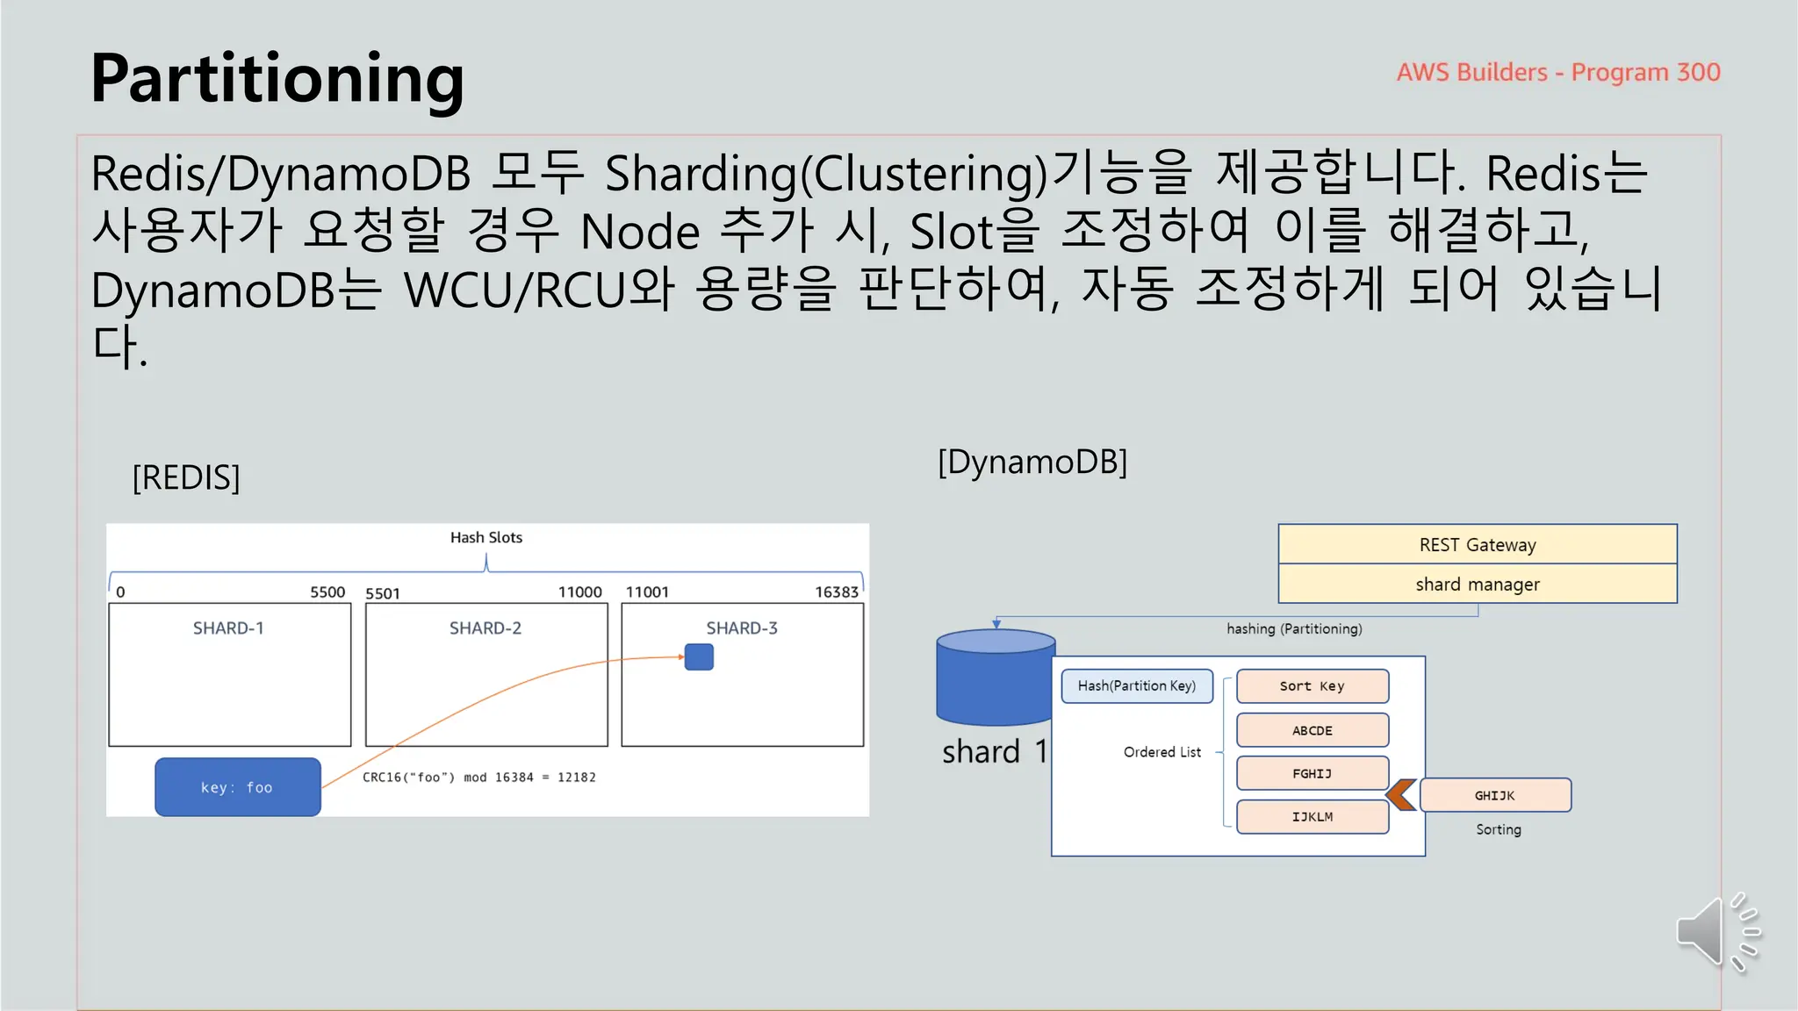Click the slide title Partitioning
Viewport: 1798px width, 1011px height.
coord(277,79)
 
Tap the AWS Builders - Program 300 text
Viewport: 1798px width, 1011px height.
coord(1557,72)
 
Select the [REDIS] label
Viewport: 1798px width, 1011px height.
coord(185,477)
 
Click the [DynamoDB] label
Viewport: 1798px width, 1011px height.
coord(1032,462)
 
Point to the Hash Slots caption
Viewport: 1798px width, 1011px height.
coord(485,537)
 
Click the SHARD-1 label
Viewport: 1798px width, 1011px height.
coord(228,628)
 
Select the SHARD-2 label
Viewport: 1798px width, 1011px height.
coord(485,628)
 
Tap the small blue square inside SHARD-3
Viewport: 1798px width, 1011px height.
coord(699,656)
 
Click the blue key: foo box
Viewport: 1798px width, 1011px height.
coord(237,787)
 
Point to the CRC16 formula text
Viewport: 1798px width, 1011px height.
coord(478,778)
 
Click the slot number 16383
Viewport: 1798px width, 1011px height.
coord(836,592)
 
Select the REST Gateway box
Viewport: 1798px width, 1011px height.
coord(1477,544)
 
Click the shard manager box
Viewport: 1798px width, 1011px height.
coord(1477,584)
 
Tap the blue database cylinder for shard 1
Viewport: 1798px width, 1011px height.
coord(996,678)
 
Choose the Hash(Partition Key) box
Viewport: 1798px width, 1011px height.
coord(1136,686)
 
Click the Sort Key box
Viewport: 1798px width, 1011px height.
coord(1312,686)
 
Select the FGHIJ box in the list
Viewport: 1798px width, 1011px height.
coord(1312,773)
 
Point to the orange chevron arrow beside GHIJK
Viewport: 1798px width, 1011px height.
coord(1401,794)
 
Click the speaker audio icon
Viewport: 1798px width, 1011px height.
coord(1715,933)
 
